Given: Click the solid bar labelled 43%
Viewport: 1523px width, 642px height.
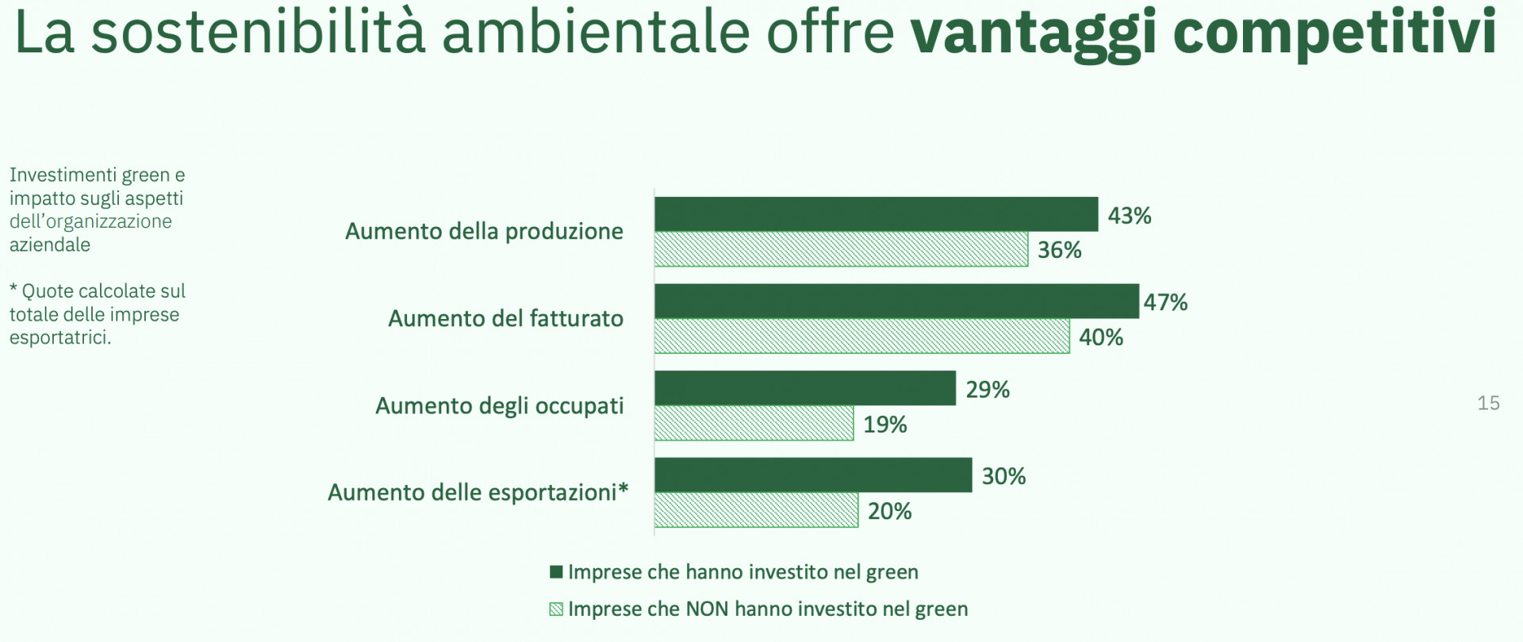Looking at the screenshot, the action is coord(877,214).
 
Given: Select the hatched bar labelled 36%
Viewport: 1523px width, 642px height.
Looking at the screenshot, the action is coord(842,249).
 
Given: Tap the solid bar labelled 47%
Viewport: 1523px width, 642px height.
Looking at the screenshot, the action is coord(897,302).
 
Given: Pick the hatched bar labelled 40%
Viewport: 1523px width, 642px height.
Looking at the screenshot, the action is coord(862,336).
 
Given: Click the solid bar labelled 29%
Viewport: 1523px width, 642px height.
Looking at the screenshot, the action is coord(805,388).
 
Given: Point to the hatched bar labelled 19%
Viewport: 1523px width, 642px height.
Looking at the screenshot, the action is coord(754,423).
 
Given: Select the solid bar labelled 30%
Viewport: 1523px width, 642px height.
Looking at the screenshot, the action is coord(813,475).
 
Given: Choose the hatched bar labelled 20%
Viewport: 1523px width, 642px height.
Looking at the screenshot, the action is coord(757,509).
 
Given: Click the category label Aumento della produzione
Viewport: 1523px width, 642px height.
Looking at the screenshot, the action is coord(484,231).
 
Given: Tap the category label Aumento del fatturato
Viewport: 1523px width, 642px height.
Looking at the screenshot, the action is coord(505,318).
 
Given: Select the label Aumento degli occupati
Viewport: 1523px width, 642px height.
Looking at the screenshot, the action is coord(499,406).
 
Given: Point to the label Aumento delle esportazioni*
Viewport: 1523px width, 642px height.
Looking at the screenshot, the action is coord(478,492).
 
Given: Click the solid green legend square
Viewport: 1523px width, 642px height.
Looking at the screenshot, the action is coord(556,572).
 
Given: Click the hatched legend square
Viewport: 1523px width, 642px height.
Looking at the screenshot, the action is coord(556,609).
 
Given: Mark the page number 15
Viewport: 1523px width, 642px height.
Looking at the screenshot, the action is coord(1488,403).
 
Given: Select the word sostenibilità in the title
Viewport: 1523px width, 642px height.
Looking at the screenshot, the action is coord(258,32).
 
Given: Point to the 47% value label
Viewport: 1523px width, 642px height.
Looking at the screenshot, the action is coord(1165,302).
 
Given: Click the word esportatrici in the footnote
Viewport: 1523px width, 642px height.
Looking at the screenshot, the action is coord(60,337).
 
